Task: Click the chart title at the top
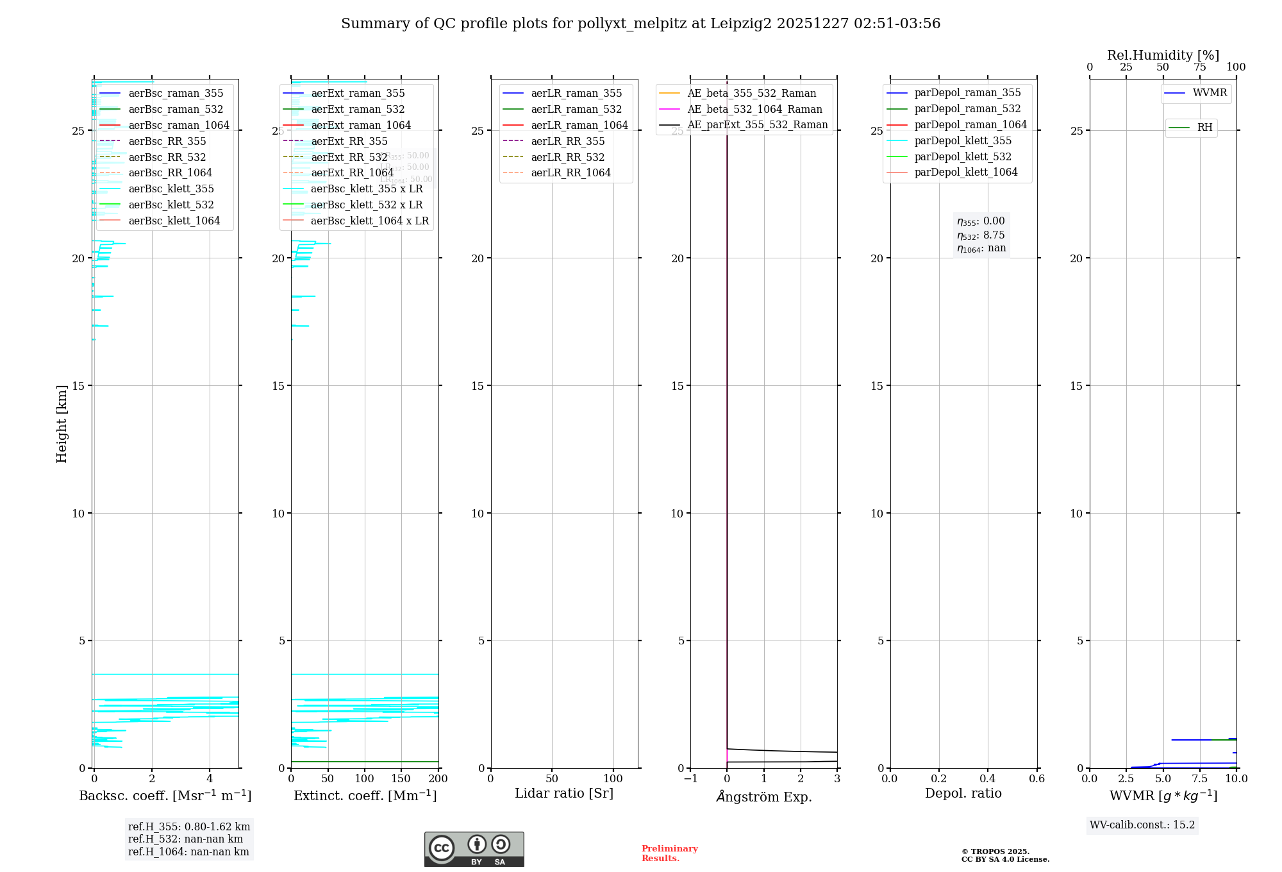640,24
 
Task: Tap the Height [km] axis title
62,423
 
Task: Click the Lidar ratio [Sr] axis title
564,793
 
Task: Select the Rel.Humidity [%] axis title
1163,55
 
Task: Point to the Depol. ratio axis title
963,793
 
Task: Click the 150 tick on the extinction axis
401,778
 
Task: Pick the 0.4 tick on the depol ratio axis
988,778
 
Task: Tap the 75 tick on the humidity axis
1199,67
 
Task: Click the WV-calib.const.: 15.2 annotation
1142,825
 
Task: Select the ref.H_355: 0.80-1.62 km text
189,827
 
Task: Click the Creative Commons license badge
474,849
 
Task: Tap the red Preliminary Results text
669,853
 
